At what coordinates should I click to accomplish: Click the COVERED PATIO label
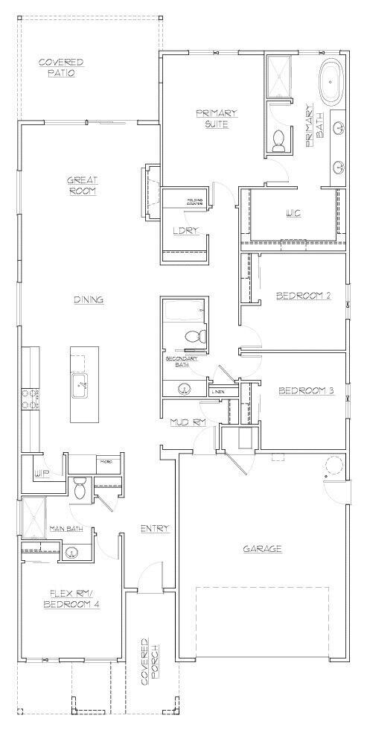point(61,67)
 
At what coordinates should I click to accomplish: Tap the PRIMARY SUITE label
point(217,118)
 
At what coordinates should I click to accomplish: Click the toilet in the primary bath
point(279,140)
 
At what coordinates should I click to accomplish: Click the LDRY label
point(185,230)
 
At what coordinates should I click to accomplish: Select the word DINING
point(88,299)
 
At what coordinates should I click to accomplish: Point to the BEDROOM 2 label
point(303,296)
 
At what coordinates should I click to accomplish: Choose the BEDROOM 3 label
point(305,390)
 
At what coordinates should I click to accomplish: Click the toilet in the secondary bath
point(195,337)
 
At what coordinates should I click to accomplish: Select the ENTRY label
point(155,528)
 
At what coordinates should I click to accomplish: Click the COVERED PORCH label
point(150,661)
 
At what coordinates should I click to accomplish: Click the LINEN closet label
point(218,392)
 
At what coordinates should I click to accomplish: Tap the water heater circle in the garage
point(332,467)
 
